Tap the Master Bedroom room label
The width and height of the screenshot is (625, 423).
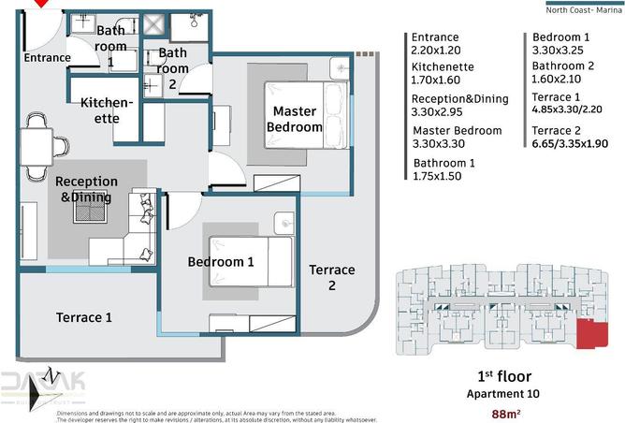(295, 119)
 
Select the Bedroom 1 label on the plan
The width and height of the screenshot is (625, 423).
(221, 262)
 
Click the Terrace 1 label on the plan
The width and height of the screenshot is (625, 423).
(84, 317)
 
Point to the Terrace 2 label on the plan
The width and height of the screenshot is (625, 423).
(332, 278)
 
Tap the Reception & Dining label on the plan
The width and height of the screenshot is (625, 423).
(86, 189)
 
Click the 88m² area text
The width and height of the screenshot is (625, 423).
(506, 414)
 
